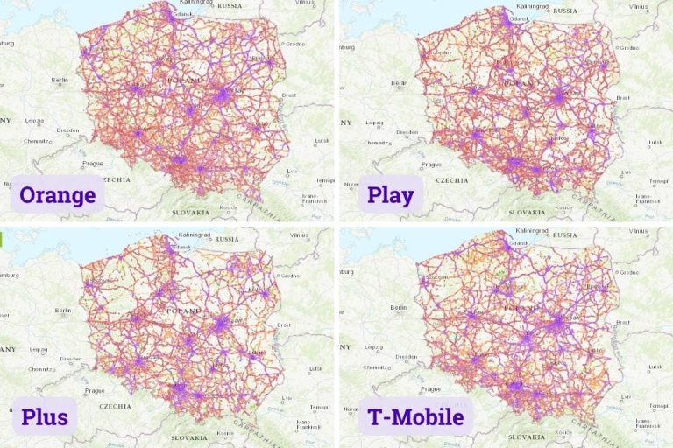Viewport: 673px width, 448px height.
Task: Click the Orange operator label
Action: pyautogui.click(x=57, y=194)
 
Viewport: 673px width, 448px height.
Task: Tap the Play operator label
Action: pyautogui.click(x=390, y=194)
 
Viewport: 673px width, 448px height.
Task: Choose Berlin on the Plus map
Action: pyautogui.click(x=62, y=310)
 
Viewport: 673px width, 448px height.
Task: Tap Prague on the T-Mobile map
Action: pyautogui.click(x=429, y=393)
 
